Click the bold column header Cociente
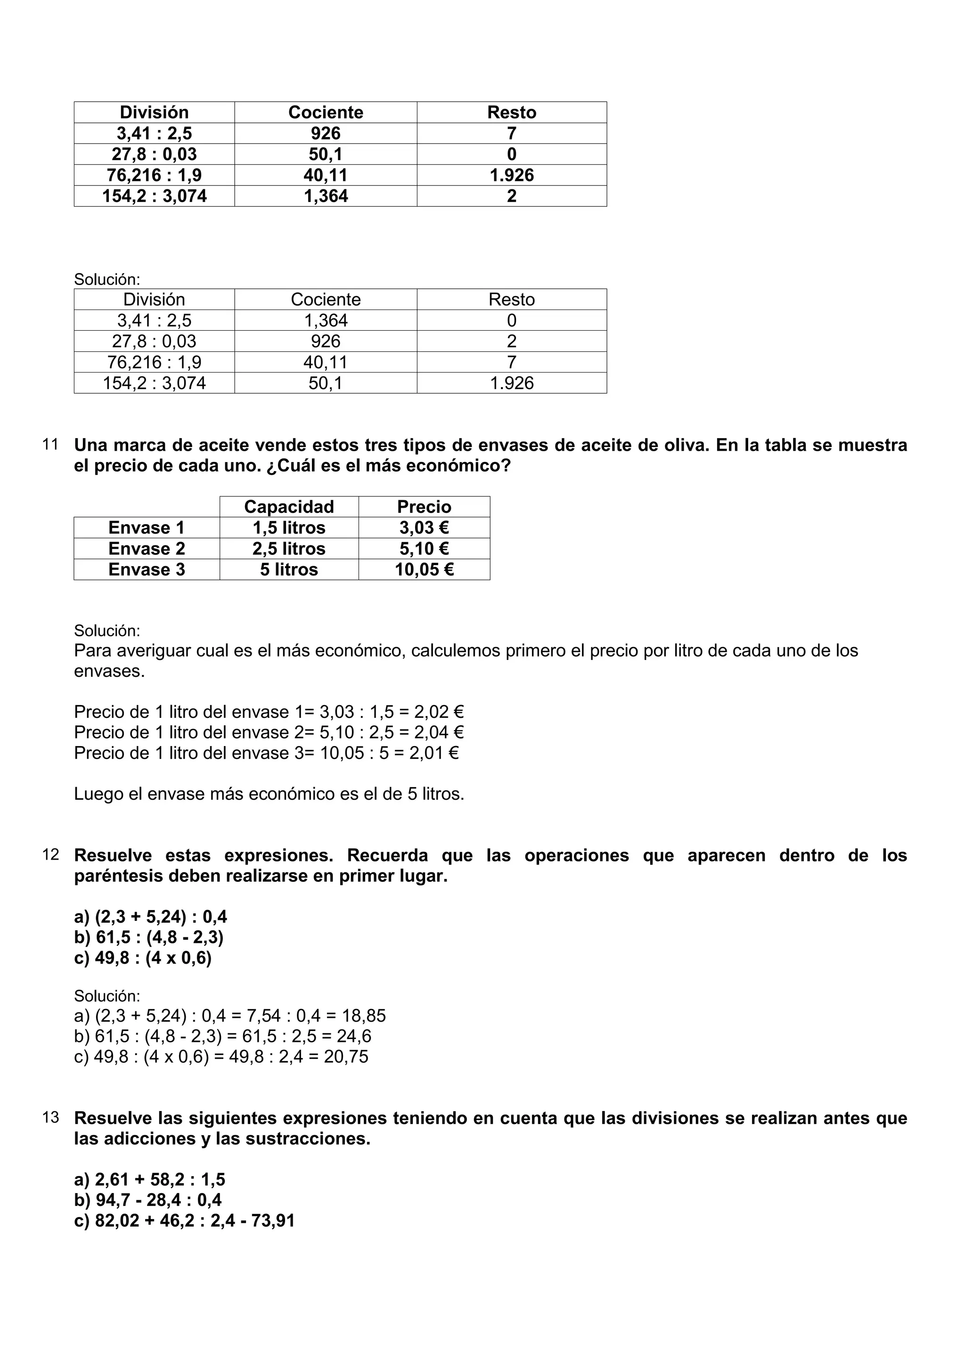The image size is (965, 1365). (325, 113)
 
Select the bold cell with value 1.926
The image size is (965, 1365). (511, 175)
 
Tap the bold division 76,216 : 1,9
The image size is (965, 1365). (154, 175)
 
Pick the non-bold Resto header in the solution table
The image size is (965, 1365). (511, 300)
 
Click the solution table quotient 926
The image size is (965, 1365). (325, 341)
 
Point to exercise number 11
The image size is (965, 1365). (50, 445)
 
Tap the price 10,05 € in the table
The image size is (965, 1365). (424, 569)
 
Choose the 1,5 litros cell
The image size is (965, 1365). (289, 528)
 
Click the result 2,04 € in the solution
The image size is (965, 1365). (439, 732)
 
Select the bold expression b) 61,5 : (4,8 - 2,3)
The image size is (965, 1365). (148, 937)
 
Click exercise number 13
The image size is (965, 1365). (50, 1118)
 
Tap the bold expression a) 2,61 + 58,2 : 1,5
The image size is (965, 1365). (150, 1180)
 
